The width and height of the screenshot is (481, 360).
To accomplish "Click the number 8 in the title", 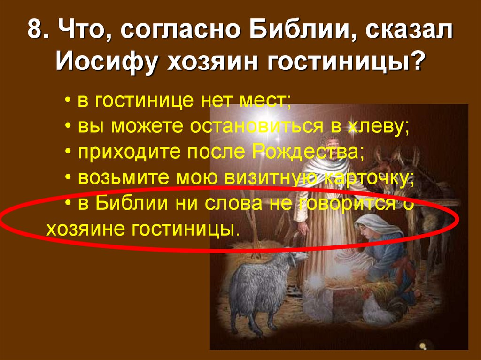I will point(34,32).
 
